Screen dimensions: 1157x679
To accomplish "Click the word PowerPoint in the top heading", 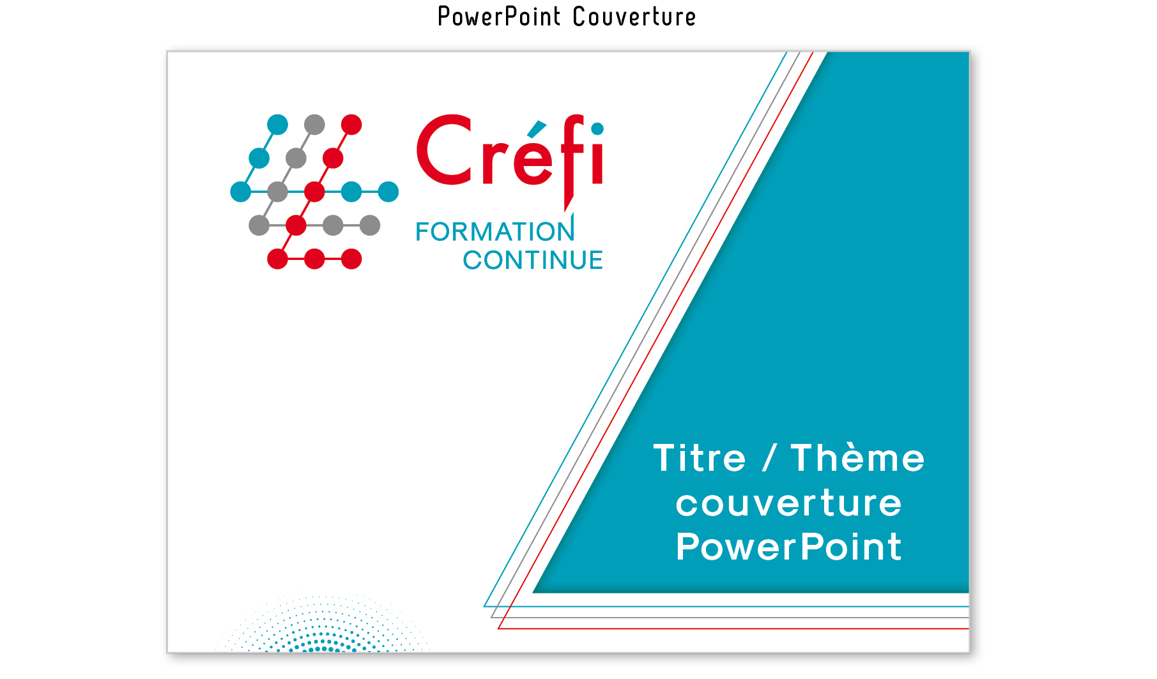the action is pos(499,17).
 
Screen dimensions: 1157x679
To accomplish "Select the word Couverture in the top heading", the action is pos(634,17).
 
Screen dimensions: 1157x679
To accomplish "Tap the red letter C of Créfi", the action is pos(445,150).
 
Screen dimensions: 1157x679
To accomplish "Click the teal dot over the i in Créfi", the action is pos(597,129).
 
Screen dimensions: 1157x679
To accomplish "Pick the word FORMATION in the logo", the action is pos(495,231).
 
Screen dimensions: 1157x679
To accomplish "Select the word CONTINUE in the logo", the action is pos(533,260).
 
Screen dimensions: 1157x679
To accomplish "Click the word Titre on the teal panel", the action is pos(700,459).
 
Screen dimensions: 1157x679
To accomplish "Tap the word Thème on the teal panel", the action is pos(858,459).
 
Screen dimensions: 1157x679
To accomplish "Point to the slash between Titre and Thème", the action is pos(769,459).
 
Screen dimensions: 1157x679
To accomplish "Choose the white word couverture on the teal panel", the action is pos(789,503).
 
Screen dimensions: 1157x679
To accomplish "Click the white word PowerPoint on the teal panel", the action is pos(789,547).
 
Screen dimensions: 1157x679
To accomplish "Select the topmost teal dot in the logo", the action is pos(277,125).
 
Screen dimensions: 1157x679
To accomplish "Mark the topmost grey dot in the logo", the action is pos(314,125).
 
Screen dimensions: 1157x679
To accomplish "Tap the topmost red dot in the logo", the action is pos(351,125).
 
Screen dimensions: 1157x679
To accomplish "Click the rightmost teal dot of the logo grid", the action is pos(388,192).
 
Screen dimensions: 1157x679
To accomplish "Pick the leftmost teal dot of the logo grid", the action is pos(240,192).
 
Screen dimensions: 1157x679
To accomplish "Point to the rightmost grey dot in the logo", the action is pos(370,225).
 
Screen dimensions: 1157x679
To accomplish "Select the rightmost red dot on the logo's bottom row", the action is pos(351,259).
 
